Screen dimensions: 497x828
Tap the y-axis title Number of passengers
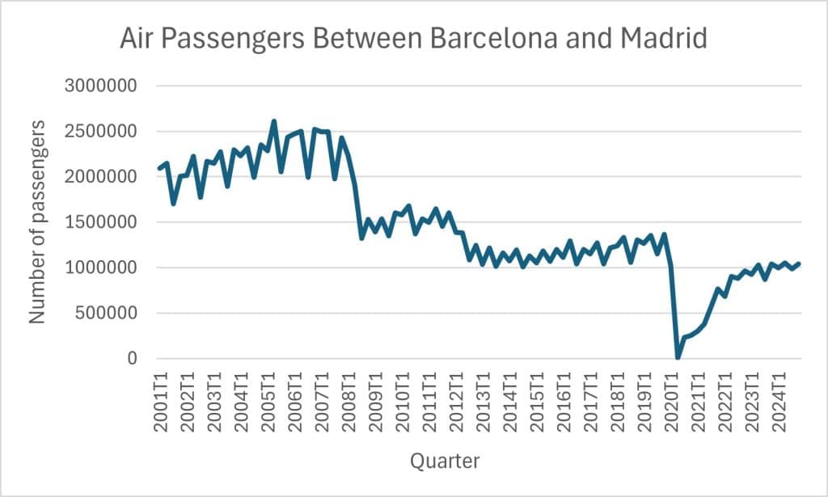[x=37, y=222]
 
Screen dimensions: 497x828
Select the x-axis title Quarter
[x=444, y=461]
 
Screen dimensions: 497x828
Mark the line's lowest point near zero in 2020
[x=678, y=357]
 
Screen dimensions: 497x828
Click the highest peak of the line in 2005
[x=273, y=121]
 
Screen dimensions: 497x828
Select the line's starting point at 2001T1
[x=159, y=169]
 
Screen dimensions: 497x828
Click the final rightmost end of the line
[x=800, y=263]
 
